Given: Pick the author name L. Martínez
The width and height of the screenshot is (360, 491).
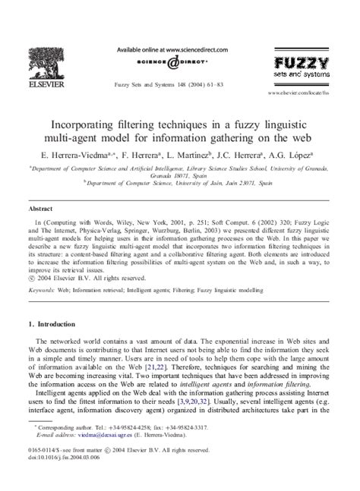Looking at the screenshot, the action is click(207, 153).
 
